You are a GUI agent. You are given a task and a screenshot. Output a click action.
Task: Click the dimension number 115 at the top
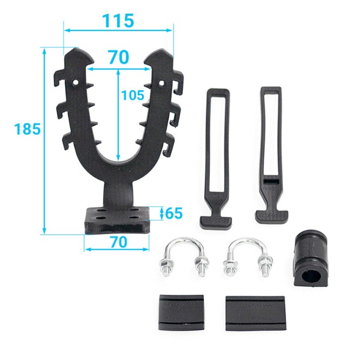coord(118,21)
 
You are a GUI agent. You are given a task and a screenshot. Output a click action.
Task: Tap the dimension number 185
coord(27,129)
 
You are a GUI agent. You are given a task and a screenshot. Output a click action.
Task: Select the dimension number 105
coord(132,95)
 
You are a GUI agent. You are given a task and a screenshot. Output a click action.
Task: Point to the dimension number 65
coord(174,213)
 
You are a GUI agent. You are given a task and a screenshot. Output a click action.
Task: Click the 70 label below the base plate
coord(118,242)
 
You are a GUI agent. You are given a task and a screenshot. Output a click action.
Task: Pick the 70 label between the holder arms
coord(119,57)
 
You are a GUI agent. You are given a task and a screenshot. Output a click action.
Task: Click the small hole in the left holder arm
coord(75,82)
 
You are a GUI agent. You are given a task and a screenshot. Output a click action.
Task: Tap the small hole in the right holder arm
coord(162,83)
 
